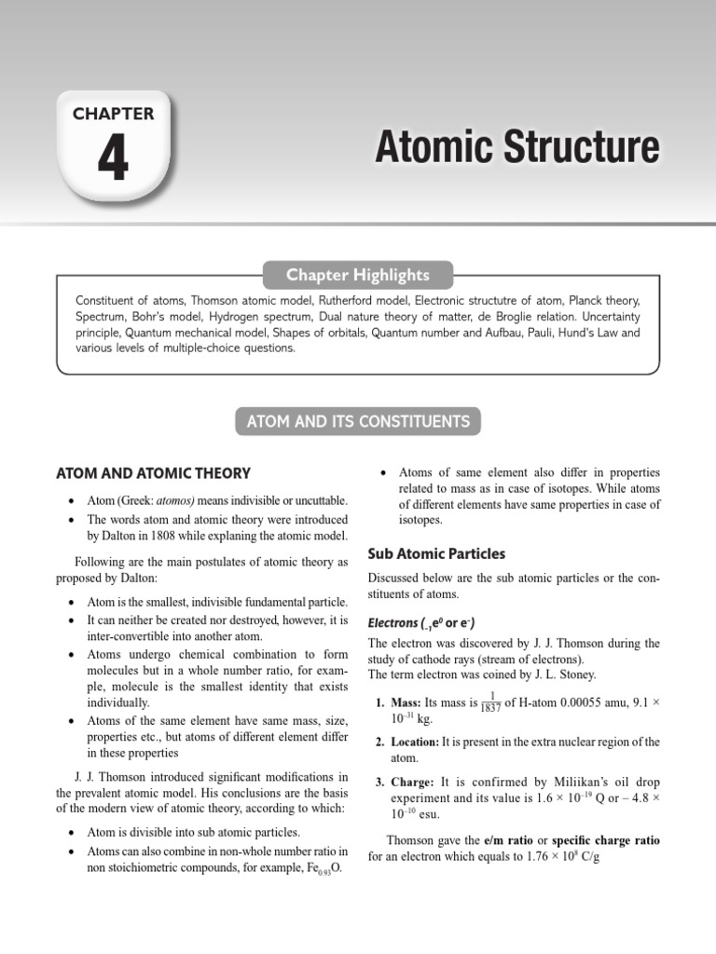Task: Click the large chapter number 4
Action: [113, 158]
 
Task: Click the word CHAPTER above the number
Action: [113, 114]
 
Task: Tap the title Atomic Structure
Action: [516, 148]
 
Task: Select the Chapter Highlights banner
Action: [358, 275]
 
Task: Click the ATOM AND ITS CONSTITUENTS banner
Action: [358, 421]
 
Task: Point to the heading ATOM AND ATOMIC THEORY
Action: [153, 473]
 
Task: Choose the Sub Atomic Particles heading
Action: [436, 553]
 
